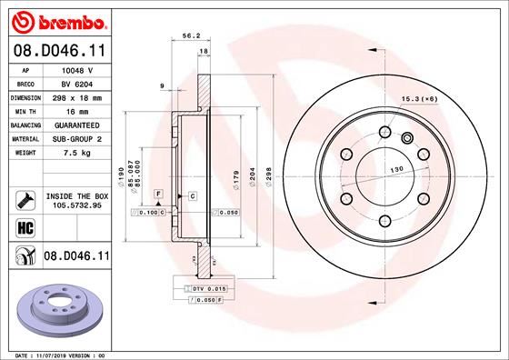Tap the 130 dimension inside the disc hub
coord(395,170)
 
